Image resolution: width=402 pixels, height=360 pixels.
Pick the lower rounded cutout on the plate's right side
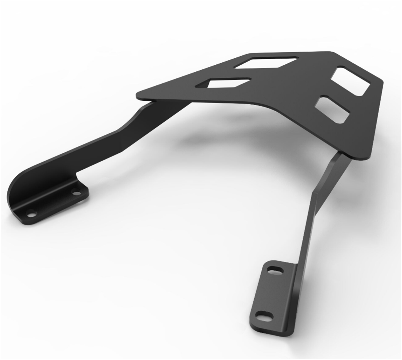pos(332,109)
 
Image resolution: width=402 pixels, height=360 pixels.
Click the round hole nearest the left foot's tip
pos(31,213)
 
